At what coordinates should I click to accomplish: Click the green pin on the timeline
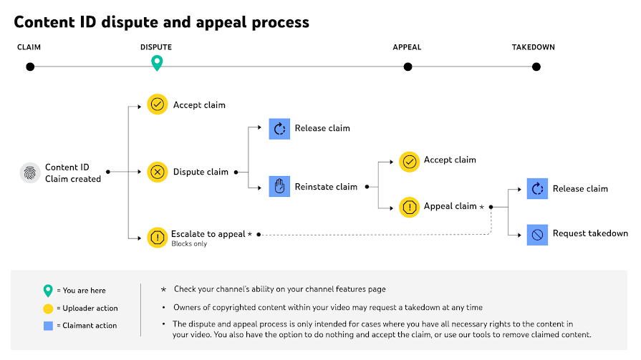click(x=157, y=62)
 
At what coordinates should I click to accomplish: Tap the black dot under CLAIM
click(x=30, y=67)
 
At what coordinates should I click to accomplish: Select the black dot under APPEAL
click(x=408, y=67)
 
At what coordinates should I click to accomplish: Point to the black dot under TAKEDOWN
click(x=536, y=67)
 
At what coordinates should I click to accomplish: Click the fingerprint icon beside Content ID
click(x=30, y=173)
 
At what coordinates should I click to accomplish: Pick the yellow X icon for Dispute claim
click(x=158, y=172)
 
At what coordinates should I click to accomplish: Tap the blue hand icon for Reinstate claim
click(x=279, y=186)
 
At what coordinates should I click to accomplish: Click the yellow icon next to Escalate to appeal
click(x=158, y=238)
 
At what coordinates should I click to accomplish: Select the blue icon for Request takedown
click(x=537, y=235)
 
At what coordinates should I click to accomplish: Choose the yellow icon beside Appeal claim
click(x=409, y=207)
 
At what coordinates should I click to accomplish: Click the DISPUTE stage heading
click(x=156, y=47)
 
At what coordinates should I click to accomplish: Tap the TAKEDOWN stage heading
click(x=534, y=47)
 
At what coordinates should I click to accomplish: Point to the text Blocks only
click(x=189, y=244)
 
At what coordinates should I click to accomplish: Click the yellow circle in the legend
click(x=48, y=308)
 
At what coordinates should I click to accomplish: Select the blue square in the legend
click(x=48, y=326)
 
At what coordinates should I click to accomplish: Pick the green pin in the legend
click(x=48, y=291)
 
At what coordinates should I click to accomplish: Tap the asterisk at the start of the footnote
click(x=163, y=289)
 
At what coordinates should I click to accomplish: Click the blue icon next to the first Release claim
click(x=279, y=129)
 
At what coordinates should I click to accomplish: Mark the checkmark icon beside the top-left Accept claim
click(x=158, y=104)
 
